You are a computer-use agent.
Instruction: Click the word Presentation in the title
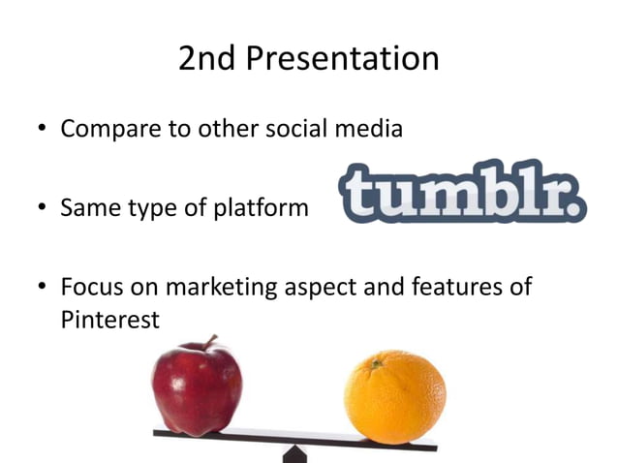[x=344, y=60]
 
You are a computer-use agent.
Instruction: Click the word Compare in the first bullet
[x=106, y=129]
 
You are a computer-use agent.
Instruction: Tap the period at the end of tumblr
[x=577, y=205]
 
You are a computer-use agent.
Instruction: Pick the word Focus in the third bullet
[x=92, y=288]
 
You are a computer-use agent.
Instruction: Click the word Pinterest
[x=108, y=320]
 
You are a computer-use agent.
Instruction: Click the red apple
[x=196, y=386]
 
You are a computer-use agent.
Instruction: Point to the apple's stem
[x=208, y=342]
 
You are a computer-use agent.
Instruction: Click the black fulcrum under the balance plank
[x=294, y=453]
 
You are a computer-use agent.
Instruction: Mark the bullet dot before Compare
[x=40, y=130]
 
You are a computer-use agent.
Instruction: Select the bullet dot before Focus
[x=40, y=289]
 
